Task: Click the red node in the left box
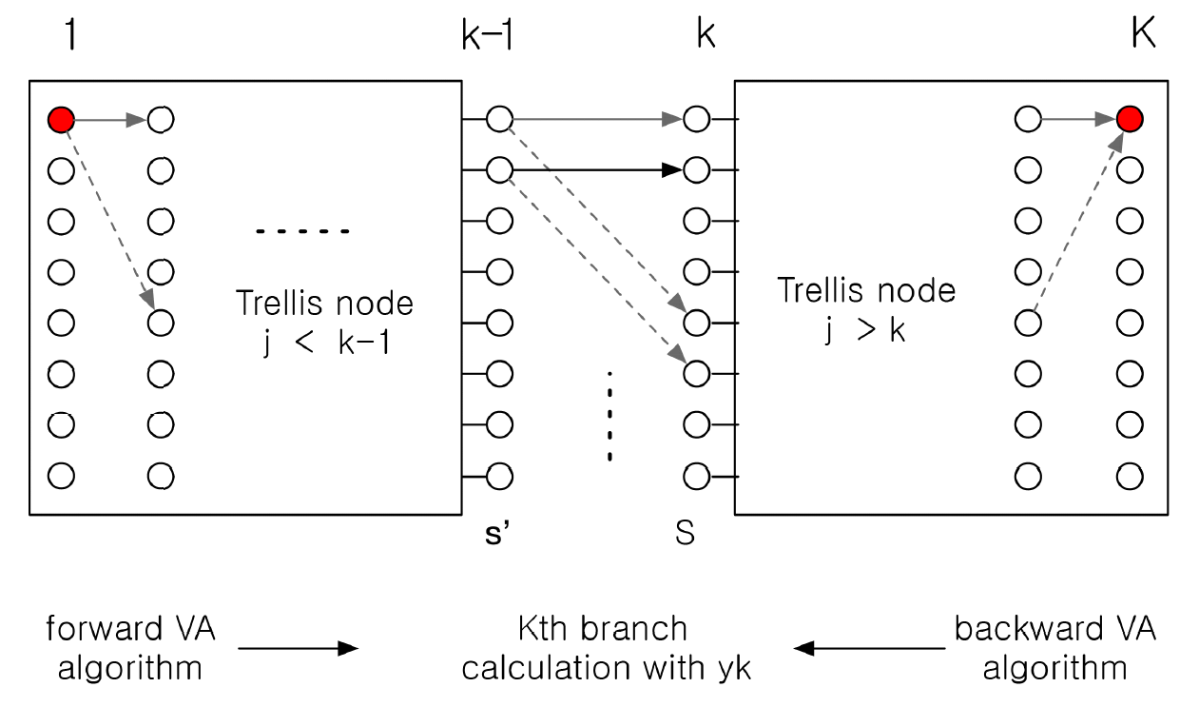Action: [61, 120]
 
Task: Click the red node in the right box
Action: [1129, 120]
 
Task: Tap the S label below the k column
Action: [685, 533]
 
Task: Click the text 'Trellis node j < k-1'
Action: [324, 322]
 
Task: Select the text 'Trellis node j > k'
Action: [866, 308]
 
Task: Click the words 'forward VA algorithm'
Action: [130, 648]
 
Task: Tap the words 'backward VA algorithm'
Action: [1054, 648]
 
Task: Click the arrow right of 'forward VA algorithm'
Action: [298, 648]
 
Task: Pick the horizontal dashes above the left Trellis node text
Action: [303, 231]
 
